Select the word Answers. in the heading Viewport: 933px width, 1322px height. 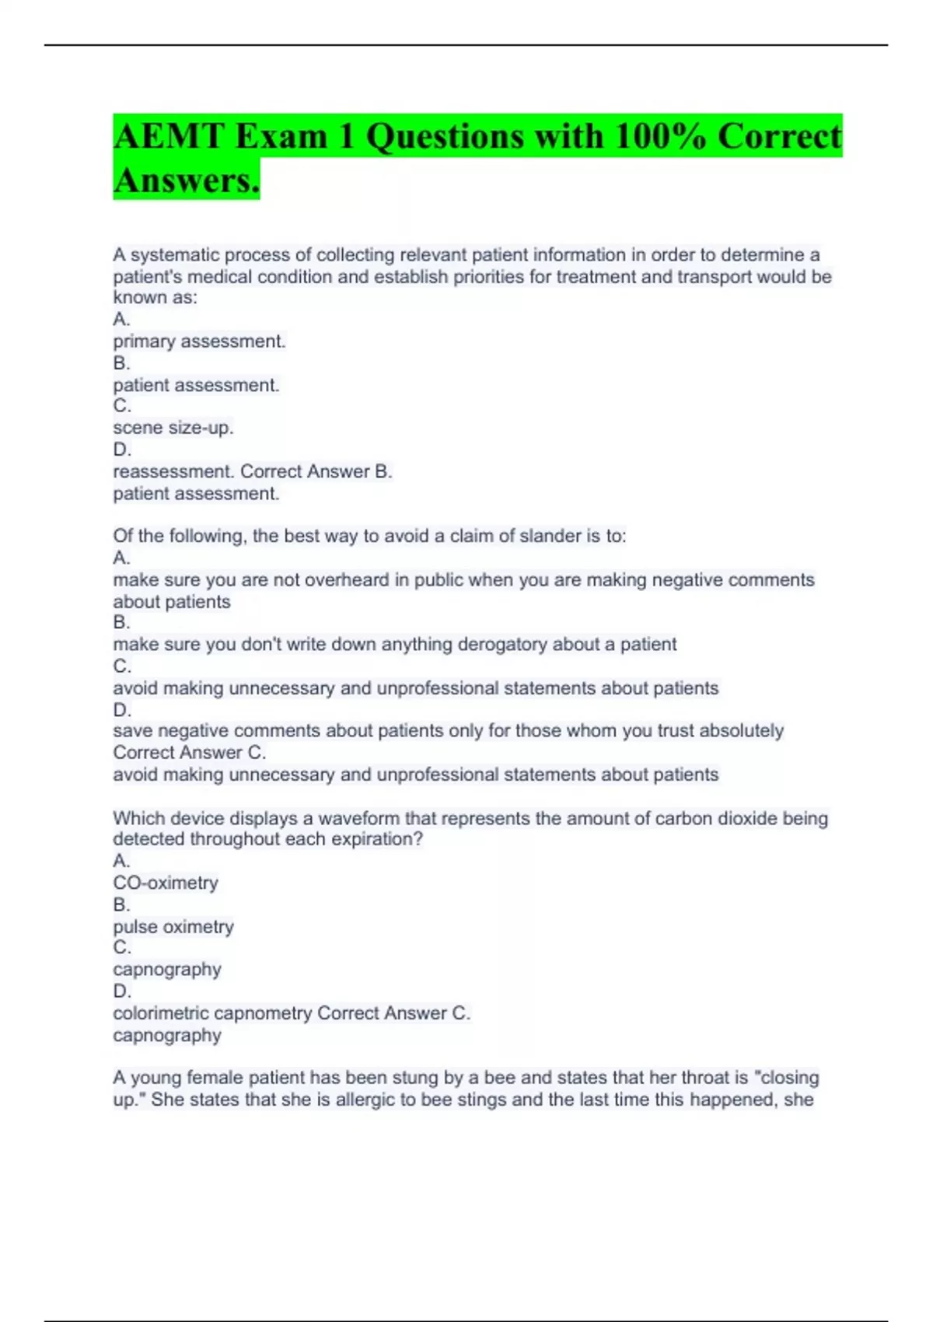(186, 180)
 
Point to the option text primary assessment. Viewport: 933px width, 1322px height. (199, 341)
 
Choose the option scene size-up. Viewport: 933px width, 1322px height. (173, 428)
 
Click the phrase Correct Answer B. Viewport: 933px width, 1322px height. (316, 471)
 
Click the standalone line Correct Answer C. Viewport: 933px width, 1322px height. (189, 753)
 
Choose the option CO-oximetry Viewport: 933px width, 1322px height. (165, 883)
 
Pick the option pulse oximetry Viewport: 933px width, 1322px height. (173, 927)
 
